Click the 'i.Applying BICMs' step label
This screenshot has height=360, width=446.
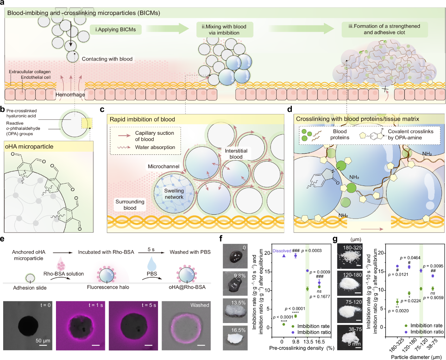115,30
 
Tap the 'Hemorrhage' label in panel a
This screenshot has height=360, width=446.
70,94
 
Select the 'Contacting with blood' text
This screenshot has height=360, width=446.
107,59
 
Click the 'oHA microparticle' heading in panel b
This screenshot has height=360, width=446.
29,147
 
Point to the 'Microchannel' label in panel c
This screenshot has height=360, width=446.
163,166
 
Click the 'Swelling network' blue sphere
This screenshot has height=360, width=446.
174,194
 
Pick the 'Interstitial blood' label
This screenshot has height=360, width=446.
236,153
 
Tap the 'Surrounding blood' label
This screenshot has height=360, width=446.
130,204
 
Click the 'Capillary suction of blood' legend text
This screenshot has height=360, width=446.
154,136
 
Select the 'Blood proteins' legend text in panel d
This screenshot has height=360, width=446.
340,134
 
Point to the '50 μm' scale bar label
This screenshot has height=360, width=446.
43,341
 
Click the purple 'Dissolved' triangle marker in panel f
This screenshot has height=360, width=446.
284,255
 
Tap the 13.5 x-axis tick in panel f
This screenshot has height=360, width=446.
308,342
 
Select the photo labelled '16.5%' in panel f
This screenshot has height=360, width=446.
235,338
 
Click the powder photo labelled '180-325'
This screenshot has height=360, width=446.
350,257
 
